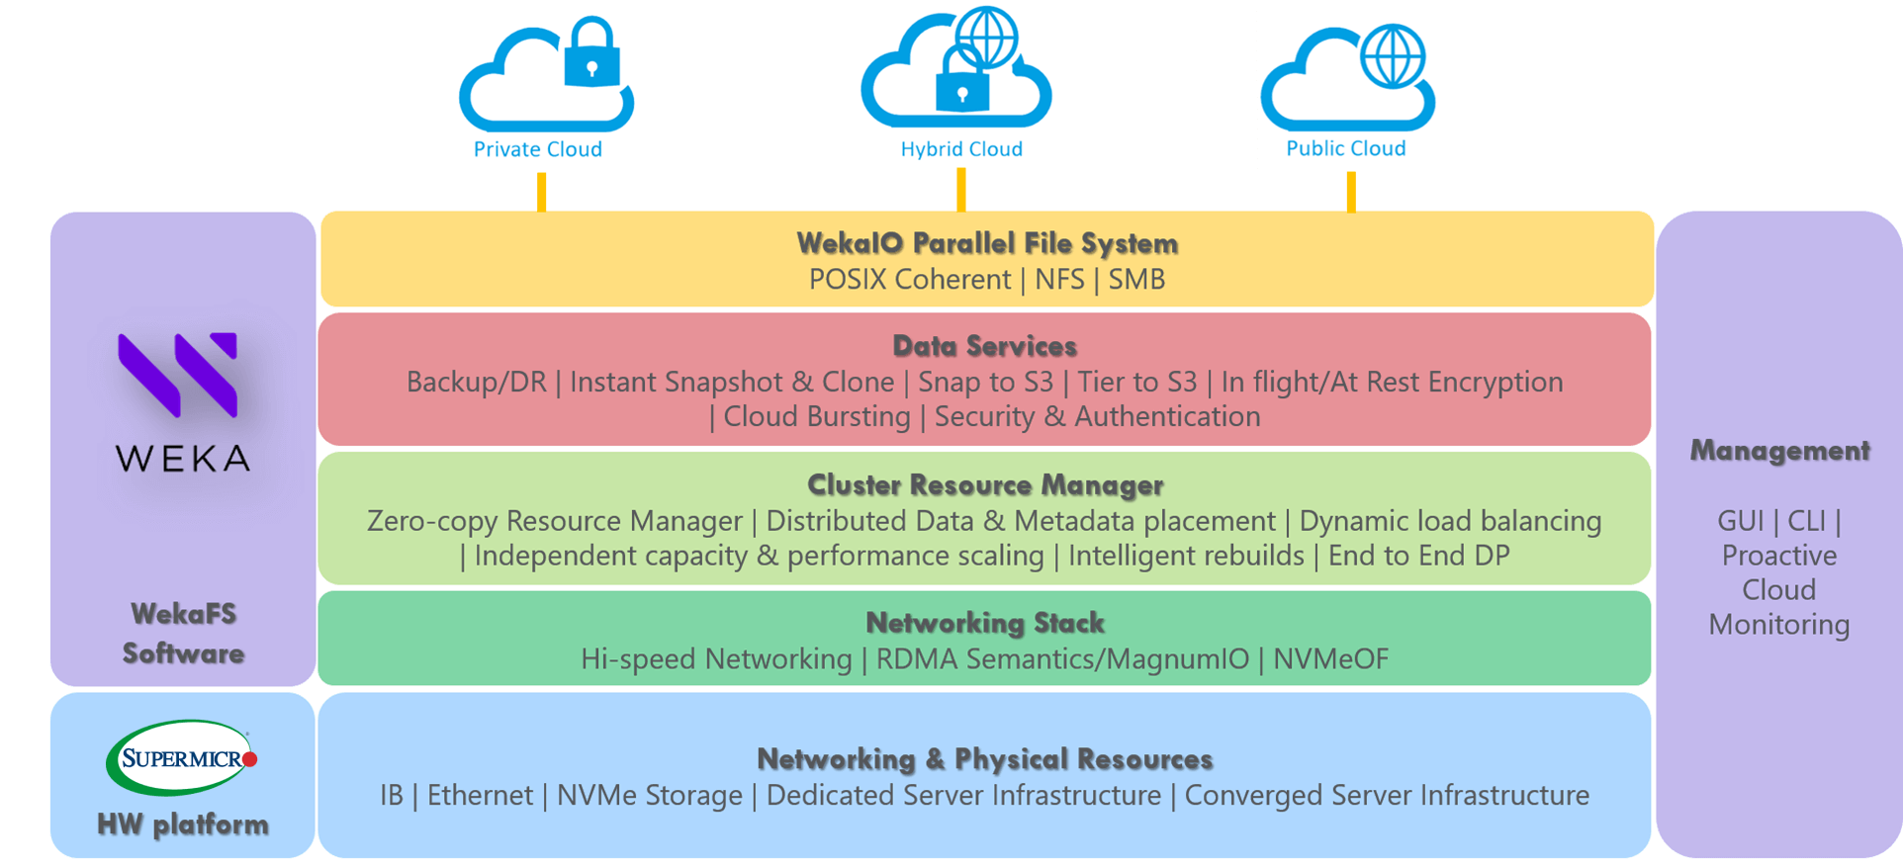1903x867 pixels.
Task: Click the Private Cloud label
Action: click(x=537, y=149)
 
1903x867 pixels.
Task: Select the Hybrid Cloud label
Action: click(x=960, y=149)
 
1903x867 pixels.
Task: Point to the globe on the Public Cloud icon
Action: click(x=1393, y=55)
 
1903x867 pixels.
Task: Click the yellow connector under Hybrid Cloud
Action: click(x=960, y=189)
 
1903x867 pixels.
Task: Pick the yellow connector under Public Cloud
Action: click(x=1351, y=191)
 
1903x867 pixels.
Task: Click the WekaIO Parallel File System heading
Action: click(x=987, y=243)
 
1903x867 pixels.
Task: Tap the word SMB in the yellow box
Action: click(x=1136, y=280)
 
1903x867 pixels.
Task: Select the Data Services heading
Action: click(x=984, y=346)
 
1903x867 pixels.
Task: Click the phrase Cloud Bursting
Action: click(x=816, y=417)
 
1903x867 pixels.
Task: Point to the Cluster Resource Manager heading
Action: click(x=985, y=485)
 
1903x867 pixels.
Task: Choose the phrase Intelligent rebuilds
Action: click(x=1185, y=556)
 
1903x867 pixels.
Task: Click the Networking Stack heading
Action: click(x=985, y=623)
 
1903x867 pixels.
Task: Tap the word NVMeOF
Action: click(x=1330, y=659)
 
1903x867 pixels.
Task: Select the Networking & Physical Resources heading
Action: click(x=984, y=759)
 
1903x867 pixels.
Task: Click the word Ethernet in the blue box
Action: click(x=480, y=796)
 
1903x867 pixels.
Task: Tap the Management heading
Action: click(x=1779, y=451)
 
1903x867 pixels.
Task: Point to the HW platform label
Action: click(x=183, y=824)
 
